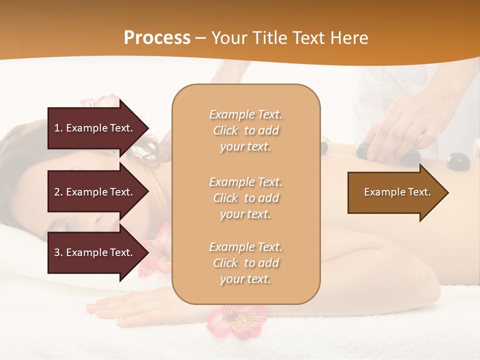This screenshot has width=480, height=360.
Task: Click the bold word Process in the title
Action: [157, 37]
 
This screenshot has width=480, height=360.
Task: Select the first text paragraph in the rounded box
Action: [245, 130]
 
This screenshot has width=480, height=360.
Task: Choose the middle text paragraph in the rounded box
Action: [245, 198]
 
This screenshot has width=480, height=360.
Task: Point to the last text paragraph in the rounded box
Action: [245, 263]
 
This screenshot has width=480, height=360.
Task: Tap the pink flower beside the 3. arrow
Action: [156, 250]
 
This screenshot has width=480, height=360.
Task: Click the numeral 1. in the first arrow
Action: [58, 128]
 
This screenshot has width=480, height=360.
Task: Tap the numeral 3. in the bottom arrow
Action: [58, 252]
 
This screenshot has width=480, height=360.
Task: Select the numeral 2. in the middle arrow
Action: [58, 192]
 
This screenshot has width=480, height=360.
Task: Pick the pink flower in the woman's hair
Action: [100, 101]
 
